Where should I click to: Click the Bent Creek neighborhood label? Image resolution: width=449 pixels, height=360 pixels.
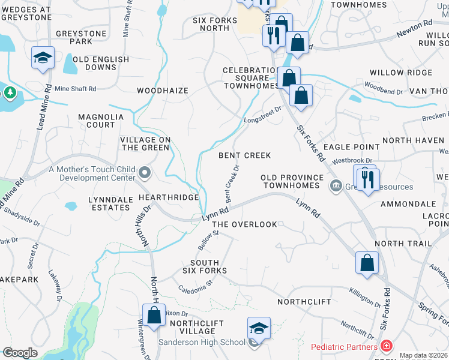click(245, 155)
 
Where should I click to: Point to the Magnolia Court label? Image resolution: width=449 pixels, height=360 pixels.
click(96, 121)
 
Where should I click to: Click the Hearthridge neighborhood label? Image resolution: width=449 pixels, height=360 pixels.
click(169, 197)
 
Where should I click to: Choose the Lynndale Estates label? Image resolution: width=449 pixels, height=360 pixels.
click(109, 203)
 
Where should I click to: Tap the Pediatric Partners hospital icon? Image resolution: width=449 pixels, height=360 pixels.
click(387, 347)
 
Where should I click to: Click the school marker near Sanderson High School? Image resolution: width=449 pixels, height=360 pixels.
click(259, 329)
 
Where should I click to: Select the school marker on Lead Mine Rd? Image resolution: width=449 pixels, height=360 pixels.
click(43, 58)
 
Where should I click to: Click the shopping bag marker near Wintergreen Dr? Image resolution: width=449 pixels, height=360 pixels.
click(154, 315)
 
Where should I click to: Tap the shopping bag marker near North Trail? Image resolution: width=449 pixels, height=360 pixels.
click(367, 263)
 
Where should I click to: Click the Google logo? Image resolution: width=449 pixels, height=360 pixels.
click(20, 353)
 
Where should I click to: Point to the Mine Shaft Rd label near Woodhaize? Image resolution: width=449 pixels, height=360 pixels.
click(76, 89)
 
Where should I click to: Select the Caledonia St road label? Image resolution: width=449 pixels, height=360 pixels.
click(196, 285)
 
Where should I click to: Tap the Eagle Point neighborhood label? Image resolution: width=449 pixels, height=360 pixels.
click(351, 146)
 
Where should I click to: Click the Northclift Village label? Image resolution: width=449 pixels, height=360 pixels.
click(192, 327)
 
